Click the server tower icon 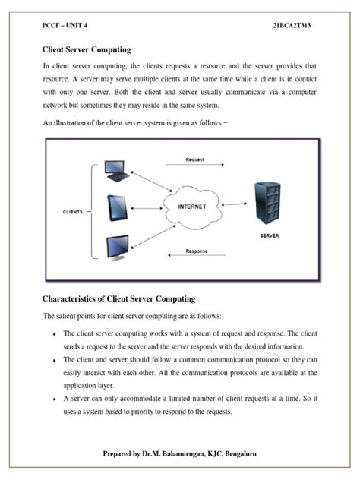(264, 204)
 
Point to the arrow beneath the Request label (199, 169)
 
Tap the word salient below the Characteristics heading (67, 316)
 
